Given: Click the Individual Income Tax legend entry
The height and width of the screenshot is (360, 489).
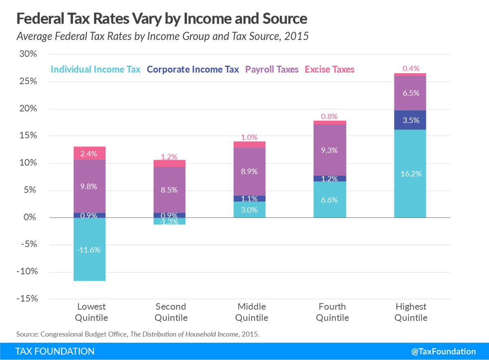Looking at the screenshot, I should [95, 69].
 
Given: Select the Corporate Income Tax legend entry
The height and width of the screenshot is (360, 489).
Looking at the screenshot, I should [193, 69].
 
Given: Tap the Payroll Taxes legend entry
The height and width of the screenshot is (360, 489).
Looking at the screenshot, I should [272, 69].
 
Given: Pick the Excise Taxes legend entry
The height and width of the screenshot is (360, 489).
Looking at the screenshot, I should [330, 69].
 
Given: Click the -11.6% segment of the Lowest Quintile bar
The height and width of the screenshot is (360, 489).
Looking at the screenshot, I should [90, 249].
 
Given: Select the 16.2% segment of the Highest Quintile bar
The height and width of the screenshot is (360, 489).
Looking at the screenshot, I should [410, 173].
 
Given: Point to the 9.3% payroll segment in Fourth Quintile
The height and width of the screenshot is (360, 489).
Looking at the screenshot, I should [330, 150].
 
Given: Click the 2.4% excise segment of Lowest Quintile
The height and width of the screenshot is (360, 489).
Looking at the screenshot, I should [90, 153].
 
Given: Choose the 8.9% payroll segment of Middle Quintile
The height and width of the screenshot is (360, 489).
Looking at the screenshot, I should [249, 171].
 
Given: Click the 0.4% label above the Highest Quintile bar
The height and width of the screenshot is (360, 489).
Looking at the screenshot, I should [410, 68].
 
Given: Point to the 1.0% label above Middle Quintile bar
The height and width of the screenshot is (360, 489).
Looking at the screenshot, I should [249, 137].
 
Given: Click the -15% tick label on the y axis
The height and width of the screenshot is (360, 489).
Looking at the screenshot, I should [26, 299].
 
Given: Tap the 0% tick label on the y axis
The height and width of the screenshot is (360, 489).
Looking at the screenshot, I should [31, 217].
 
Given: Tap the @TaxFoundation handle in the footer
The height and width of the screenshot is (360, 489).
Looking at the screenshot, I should [443, 351].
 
